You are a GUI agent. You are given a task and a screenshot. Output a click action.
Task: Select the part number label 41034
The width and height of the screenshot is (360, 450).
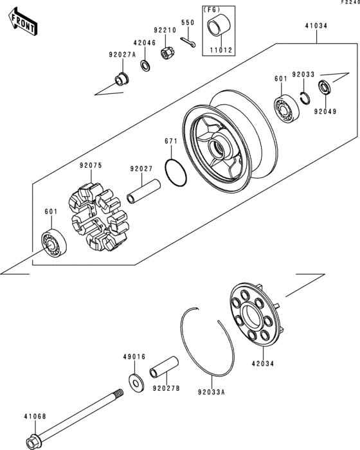(x=316, y=26)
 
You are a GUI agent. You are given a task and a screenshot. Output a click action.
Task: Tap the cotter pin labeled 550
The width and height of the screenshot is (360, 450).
(x=188, y=42)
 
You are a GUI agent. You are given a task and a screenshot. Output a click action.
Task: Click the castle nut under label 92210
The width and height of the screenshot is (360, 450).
(x=166, y=53)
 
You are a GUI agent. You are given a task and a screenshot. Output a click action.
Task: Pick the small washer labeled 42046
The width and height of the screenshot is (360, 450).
(x=145, y=66)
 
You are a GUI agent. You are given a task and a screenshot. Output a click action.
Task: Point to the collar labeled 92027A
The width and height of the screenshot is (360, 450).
(x=122, y=79)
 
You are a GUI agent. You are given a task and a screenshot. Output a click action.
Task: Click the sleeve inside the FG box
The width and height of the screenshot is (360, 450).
(x=219, y=26)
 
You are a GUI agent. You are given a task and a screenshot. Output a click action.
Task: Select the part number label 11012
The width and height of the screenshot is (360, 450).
(x=221, y=50)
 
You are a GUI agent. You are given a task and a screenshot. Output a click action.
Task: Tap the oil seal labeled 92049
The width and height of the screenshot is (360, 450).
(x=325, y=87)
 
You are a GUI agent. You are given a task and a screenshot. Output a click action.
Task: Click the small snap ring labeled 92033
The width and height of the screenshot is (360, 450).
(x=305, y=98)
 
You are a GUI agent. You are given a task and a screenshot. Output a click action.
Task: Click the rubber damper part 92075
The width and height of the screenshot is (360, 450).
(x=98, y=217)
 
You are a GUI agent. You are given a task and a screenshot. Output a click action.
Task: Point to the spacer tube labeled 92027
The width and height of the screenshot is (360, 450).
(x=144, y=192)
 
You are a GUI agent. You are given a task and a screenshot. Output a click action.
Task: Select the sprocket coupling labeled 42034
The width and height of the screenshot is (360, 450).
(x=255, y=314)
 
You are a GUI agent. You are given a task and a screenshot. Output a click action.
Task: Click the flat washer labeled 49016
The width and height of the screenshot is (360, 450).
(x=136, y=382)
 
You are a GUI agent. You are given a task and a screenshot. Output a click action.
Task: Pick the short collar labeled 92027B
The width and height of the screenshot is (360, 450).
(x=164, y=367)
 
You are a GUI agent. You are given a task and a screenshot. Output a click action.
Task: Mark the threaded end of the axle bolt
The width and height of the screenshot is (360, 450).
(x=118, y=393)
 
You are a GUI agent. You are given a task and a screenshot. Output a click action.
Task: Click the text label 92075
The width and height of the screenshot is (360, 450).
(x=91, y=166)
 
